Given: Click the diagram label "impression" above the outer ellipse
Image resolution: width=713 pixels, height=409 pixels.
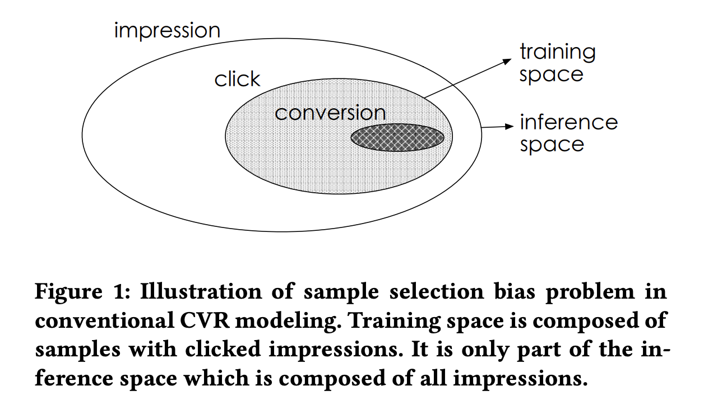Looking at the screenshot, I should coord(166,31).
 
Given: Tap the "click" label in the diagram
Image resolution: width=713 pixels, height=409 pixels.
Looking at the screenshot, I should coord(237,80).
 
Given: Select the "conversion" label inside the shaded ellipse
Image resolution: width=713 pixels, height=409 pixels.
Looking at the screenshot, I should coord(330,113).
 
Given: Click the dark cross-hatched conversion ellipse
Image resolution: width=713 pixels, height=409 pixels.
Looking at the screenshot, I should coord(397,137).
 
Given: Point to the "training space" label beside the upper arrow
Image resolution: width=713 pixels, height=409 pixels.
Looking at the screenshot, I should coord(557,63).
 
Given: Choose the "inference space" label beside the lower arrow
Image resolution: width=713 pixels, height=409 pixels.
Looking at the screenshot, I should coord(568,133).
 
